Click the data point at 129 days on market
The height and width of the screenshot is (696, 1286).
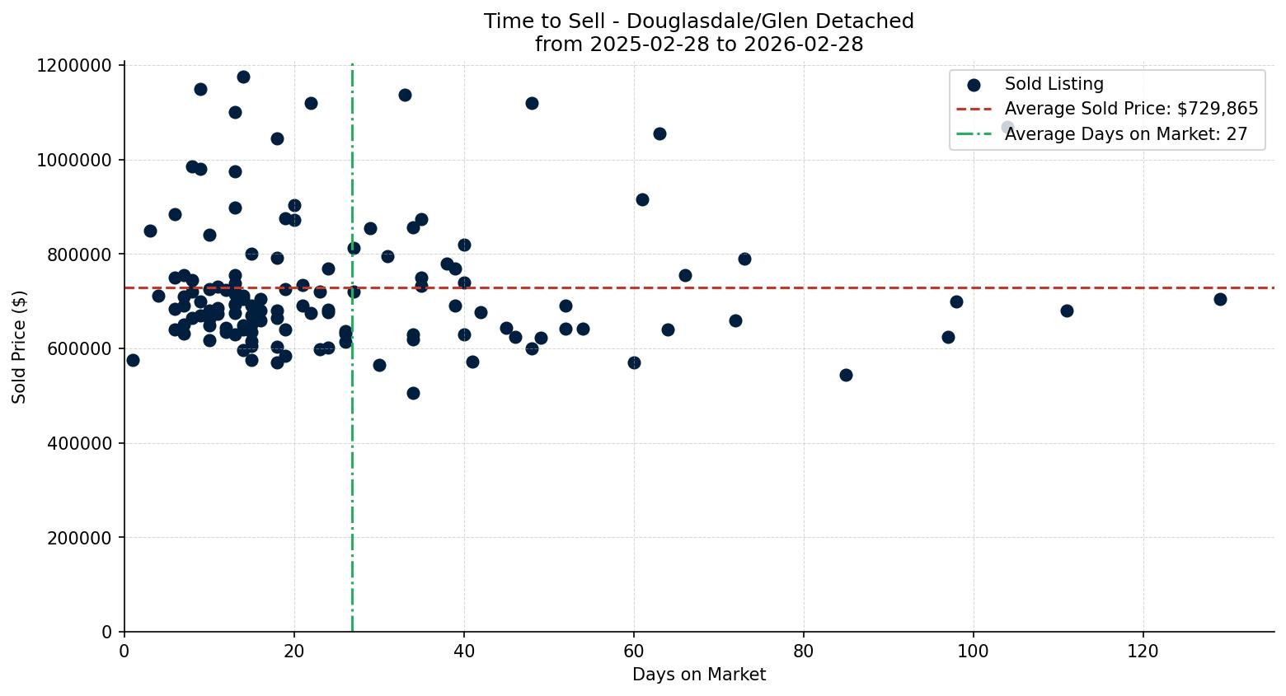coord(1220,299)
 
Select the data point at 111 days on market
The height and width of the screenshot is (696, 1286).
coord(1067,311)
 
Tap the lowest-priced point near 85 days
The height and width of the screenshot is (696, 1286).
coord(846,375)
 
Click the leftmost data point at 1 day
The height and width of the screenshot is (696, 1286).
coord(133,360)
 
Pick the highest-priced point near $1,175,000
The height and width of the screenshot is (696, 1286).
coord(243,77)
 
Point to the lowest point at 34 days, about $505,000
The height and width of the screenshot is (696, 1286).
coord(413,393)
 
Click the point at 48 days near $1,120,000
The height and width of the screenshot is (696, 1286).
coord(532,103)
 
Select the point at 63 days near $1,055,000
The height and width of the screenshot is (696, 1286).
coord(659,133)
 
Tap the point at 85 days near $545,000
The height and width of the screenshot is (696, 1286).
coord(846,375)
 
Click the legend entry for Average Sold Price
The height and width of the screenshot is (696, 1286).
coord(1131,109)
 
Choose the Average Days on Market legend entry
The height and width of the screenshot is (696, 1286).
coord(1125,134)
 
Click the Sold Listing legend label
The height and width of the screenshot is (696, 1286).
coord(1054,84)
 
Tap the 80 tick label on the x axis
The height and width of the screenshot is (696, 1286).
coord(804,651)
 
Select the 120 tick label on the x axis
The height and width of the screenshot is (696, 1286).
coord(1143,651)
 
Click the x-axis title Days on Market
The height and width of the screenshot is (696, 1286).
coord(698,675)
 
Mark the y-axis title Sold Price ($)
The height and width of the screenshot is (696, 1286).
coord(20,347)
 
